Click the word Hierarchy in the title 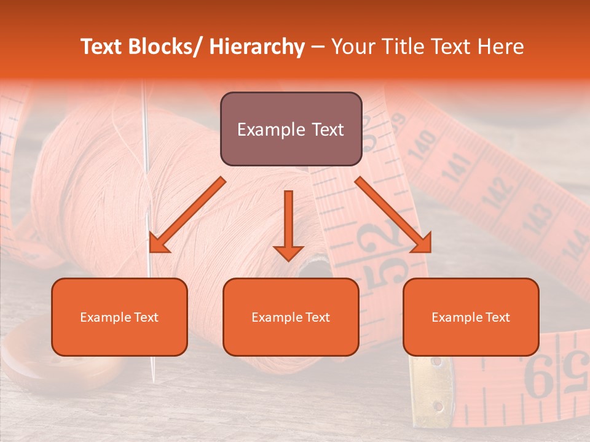[x=256, y=47]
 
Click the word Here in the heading [x=499, y=47]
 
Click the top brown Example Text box [x=291, y=129]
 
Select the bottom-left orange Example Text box [x=119, y=317]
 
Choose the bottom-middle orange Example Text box [x=291, y=317]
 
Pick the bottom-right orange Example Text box [x=471, y=317]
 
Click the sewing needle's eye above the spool [x=145, y=92]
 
